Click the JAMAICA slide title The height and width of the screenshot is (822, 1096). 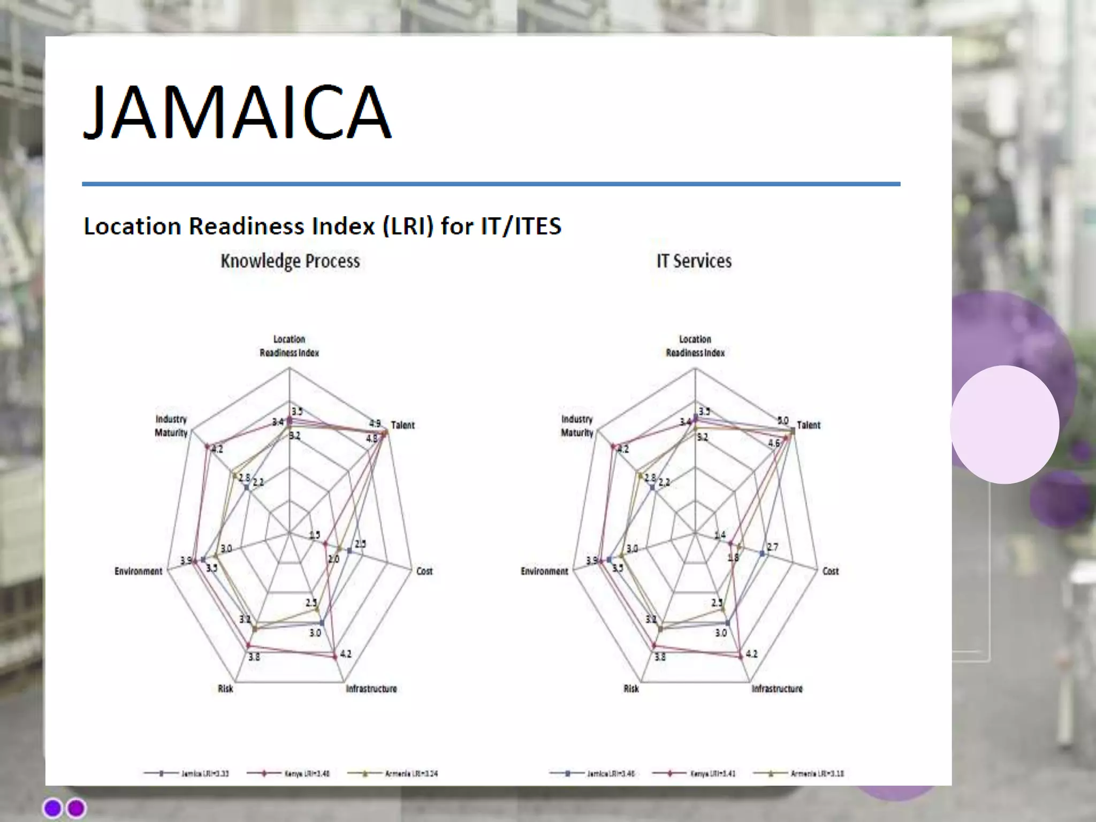point(237,112)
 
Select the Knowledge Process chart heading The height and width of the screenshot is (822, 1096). point(290,261)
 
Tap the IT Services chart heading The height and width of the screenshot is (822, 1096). point(694,261)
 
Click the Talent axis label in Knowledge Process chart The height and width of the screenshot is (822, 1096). point(402,425)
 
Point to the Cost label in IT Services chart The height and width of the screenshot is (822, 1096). point(830,572)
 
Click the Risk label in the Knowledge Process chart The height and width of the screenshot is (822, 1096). point(225,689)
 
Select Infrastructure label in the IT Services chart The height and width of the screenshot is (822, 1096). point(777,689)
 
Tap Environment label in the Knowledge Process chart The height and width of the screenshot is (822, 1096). point(138,572)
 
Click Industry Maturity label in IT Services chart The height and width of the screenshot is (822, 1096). point(577,426)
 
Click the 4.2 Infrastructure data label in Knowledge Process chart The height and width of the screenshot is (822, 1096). point(346,654)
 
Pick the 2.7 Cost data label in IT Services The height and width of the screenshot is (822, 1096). point(773,547)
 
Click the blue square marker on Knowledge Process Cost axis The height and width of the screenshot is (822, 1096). point(349,551)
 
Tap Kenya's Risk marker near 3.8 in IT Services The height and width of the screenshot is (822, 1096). point(654,645)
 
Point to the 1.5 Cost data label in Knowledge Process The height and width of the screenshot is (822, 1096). point(315,535)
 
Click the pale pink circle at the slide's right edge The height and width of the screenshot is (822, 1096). point(1004,424)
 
